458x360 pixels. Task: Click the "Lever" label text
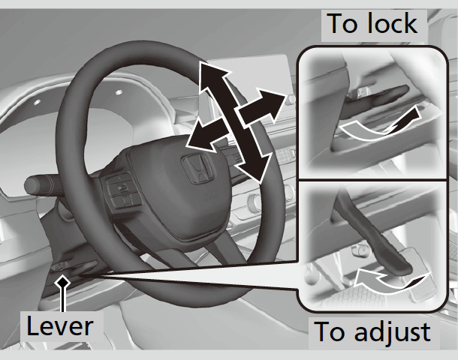click(60, 325)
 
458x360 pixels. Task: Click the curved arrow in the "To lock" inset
click(375, 127)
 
